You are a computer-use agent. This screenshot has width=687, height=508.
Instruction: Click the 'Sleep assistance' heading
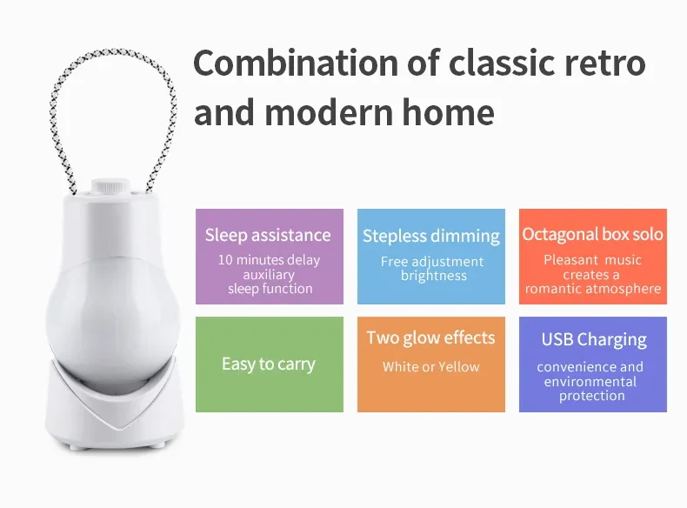268,235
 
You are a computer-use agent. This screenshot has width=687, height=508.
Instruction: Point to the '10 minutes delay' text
269,260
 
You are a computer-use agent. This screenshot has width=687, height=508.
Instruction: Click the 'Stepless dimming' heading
430,236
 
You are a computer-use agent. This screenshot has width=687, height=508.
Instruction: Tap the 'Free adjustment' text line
432,261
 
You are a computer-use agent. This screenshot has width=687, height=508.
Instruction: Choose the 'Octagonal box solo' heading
592,234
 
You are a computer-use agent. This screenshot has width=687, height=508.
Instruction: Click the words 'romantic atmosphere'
593,289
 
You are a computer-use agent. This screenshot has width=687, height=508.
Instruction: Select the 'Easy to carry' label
269,364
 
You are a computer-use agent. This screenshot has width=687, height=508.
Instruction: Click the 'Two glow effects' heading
430,338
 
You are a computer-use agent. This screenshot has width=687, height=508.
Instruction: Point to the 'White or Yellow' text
430,367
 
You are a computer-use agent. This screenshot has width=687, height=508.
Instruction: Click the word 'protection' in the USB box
592,396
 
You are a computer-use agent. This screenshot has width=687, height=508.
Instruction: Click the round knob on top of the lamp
110,186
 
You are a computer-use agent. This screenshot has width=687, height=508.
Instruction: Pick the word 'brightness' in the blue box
433,276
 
